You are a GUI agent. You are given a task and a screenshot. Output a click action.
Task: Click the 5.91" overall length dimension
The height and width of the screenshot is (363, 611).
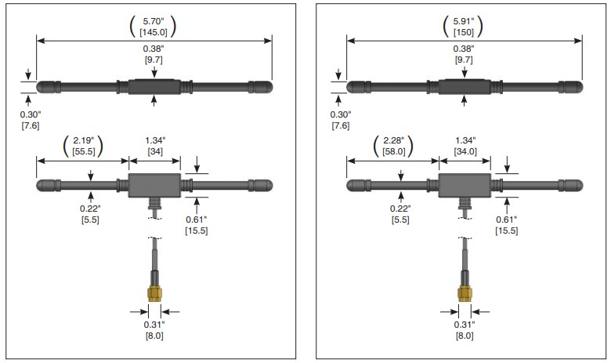point(464,20)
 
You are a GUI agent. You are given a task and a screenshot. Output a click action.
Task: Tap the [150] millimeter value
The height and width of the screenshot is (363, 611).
point(464,31)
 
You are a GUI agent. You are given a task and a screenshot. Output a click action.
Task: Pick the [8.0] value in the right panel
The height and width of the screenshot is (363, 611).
point(465,336)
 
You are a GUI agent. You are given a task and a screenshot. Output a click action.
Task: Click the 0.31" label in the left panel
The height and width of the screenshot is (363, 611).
point(154,324)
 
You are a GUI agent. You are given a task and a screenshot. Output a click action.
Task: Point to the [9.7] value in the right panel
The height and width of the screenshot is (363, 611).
point(464,60)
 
